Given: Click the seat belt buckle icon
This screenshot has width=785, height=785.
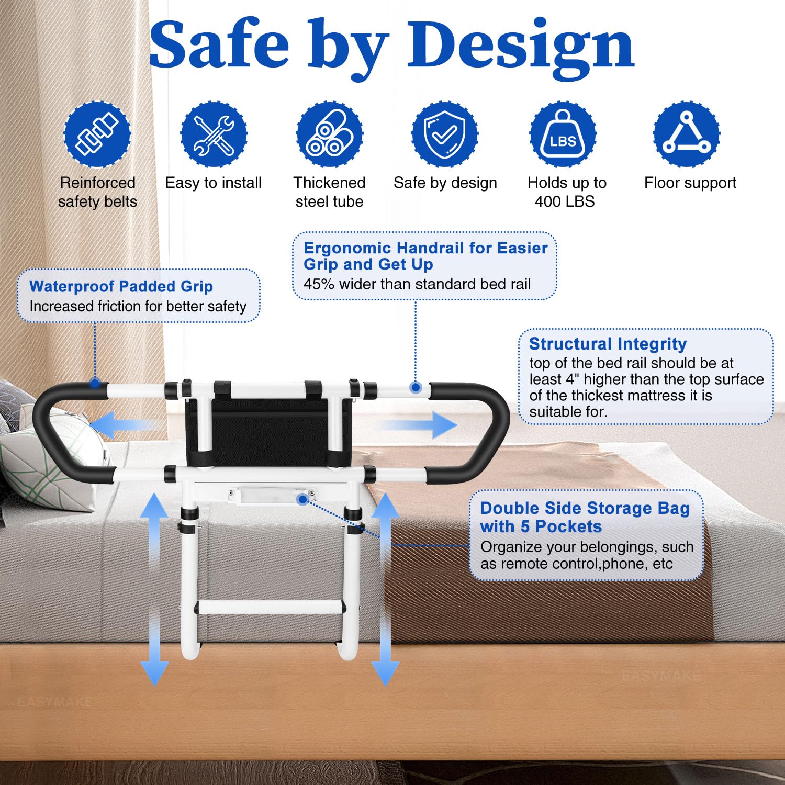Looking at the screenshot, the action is (x=97, y=134).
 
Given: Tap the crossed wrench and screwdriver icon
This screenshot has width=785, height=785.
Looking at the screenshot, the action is (x=214, y=134).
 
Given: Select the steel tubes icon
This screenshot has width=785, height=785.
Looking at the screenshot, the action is (x=329, y=134).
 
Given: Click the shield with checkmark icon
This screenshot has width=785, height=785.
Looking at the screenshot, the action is (x=445, y=134).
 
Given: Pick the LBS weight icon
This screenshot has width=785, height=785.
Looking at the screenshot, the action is (x=563, y=134).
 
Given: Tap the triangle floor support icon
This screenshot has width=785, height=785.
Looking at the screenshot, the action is (x=686, y=134).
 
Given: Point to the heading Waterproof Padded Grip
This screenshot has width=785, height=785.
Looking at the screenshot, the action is (x=121, y=286).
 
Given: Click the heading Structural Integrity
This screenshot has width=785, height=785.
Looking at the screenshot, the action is (x=608, y=344).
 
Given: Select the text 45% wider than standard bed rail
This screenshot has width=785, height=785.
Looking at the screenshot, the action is (x=417, y=284).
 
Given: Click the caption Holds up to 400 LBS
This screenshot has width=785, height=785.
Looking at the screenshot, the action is (x=566, y=192).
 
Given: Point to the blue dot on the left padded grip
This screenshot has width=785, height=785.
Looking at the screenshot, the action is (x=95, y=383).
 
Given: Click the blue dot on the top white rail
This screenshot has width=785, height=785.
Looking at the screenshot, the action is (x=416, y=388).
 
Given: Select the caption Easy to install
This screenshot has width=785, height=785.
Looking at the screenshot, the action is (x=214, y=183).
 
